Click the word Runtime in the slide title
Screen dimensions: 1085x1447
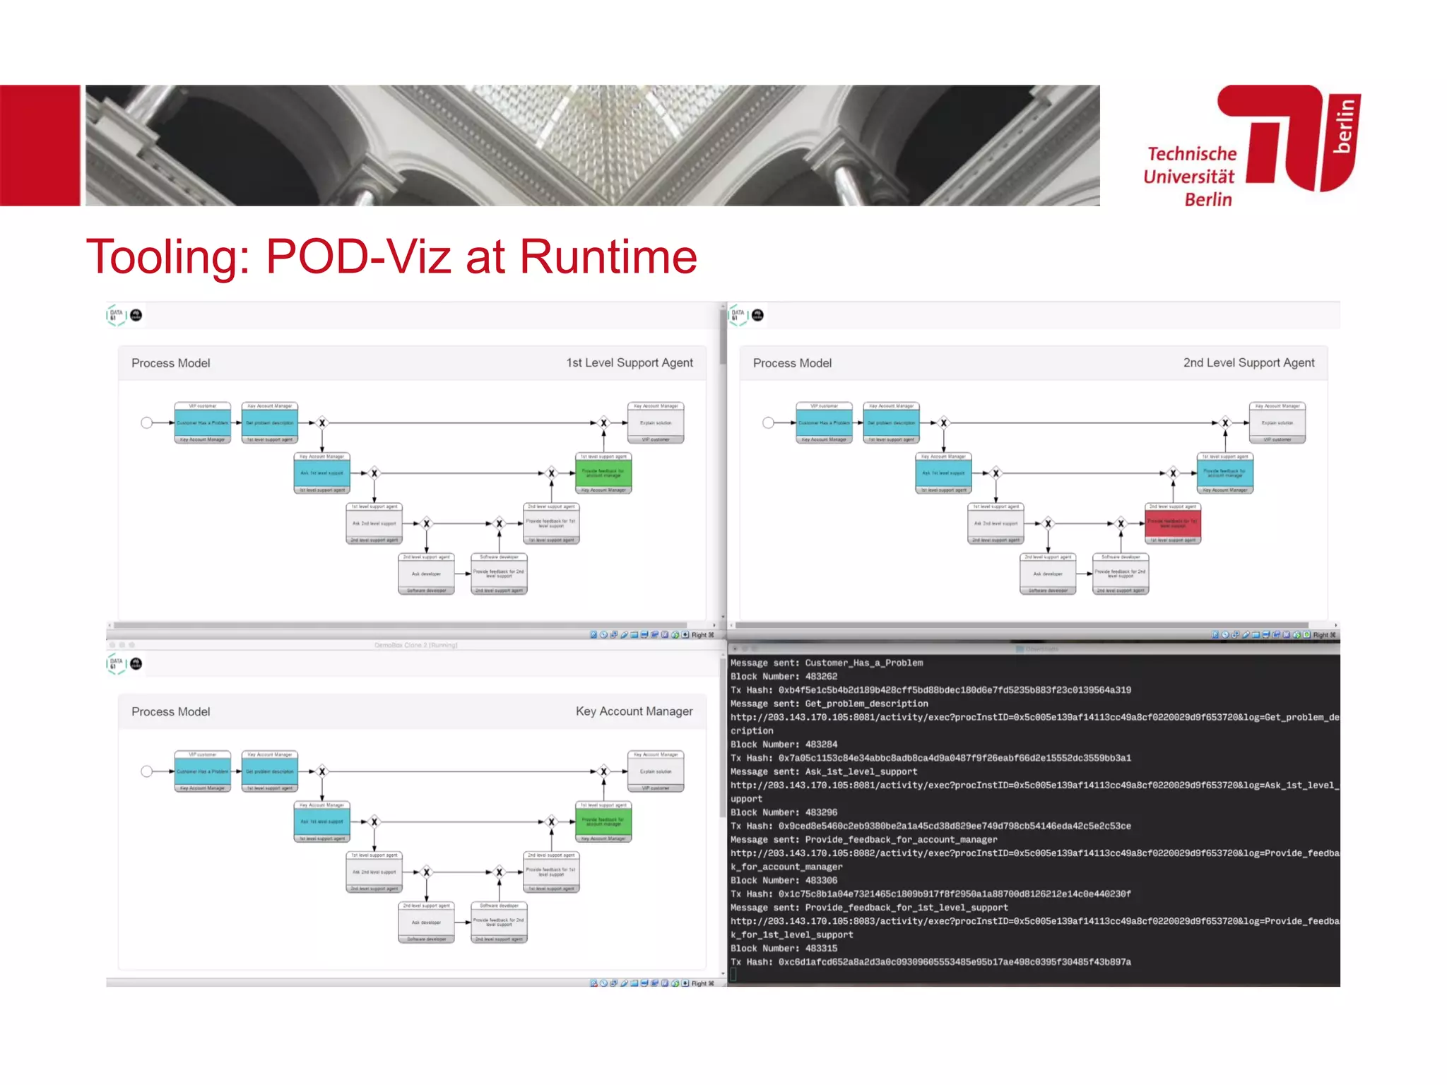[x=608, y=256]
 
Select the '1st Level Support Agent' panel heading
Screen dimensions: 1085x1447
[x=629, y=363]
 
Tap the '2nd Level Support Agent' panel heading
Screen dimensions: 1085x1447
[x=1248, y=363]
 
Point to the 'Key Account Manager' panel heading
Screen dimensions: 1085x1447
[x=634, y=711]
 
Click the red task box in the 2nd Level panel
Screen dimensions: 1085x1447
[x=1172, y=523]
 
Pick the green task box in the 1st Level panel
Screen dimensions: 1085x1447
[x=603, y=473]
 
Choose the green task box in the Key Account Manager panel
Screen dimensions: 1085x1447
[x=603, y=822]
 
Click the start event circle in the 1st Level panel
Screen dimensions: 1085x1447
[x=146, y=422]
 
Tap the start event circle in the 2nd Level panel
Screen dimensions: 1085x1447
[x=768, y=422]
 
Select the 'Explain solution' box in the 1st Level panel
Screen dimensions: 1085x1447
[x=656, y=422]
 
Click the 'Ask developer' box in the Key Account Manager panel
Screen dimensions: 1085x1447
[x=426, y=922]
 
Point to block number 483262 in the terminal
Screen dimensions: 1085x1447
[x=821, y=677]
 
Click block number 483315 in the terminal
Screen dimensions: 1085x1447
[x=821, y=949]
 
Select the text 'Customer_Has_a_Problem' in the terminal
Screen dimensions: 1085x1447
[x=863, y=663]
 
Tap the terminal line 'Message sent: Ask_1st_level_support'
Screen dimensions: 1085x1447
[x=823, y=772]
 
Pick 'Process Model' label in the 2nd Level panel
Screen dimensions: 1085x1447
[x=792, y=363]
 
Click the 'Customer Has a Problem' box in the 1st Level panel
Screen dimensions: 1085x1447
[x=203, y=422]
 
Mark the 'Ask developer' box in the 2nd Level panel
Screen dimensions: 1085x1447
[x=1048, y=574]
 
